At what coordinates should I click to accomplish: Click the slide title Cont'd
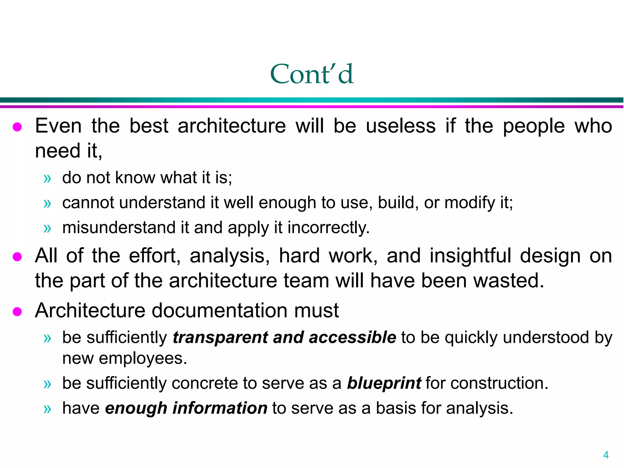tap(312, 74)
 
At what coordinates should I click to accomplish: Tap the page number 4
tap(606, 455)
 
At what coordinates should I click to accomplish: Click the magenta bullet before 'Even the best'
tap(17, 127)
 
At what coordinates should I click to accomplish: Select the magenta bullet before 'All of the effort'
tap(17, 257)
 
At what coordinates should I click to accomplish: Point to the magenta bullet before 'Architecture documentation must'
tap(17, 312)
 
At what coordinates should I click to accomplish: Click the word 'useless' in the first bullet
tap(401, 126)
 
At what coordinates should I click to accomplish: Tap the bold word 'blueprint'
tap(384, 383)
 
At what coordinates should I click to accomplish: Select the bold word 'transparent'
tap(220, 338)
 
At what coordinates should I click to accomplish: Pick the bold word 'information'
tap(220, 408)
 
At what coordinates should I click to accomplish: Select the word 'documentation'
tap(220, 310)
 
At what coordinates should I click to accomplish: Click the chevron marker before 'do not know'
tap(47, 179)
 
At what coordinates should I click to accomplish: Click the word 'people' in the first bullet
tap(534, 126)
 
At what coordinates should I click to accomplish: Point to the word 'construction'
tap(499, 383)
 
